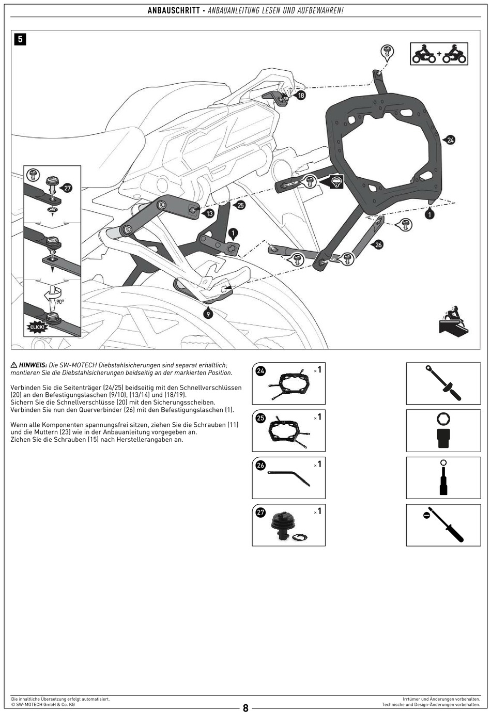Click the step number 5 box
20,39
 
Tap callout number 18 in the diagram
301,95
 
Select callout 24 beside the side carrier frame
451,140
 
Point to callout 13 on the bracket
209,213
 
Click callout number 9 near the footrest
208,314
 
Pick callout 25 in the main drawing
240,205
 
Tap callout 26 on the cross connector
378,244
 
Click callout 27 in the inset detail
68,188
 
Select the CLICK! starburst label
37,327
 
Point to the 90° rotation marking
60,302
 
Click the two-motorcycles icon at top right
439,54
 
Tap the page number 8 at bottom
245,708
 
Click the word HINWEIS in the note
33,365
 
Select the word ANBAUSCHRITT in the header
174,10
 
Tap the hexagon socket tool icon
443,430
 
